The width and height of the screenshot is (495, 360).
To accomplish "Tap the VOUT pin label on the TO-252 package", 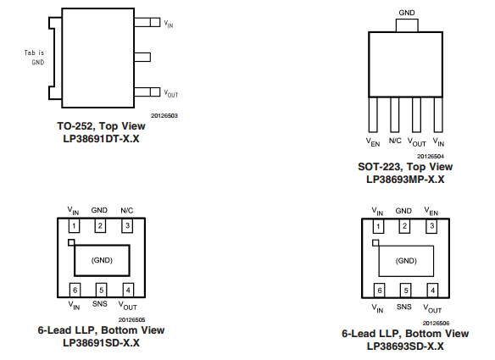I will pos(171,93).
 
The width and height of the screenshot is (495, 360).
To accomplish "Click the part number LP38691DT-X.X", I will pos(97,137).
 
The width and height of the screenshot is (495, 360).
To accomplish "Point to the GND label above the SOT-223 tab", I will pos(406,13).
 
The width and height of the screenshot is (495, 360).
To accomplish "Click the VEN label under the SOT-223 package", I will pos(372,141).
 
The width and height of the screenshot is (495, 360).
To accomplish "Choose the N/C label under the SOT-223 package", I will pos(395,141).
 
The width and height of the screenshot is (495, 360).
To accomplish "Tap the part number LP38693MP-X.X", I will pos(405,179).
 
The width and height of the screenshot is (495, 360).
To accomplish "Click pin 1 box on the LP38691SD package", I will pos(74,225).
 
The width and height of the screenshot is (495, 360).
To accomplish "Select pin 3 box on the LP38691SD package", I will pos(127,225).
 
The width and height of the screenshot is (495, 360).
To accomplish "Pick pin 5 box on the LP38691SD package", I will pos(100,290).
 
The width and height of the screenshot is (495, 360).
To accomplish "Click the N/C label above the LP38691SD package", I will pos(127,210).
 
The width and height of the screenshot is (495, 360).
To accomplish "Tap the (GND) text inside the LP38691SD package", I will pos(101,260).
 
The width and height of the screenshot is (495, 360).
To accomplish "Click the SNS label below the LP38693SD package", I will pos(404,307).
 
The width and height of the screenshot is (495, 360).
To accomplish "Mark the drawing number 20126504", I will pos(431,156).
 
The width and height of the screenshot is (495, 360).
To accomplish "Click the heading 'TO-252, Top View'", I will pos(97,125).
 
